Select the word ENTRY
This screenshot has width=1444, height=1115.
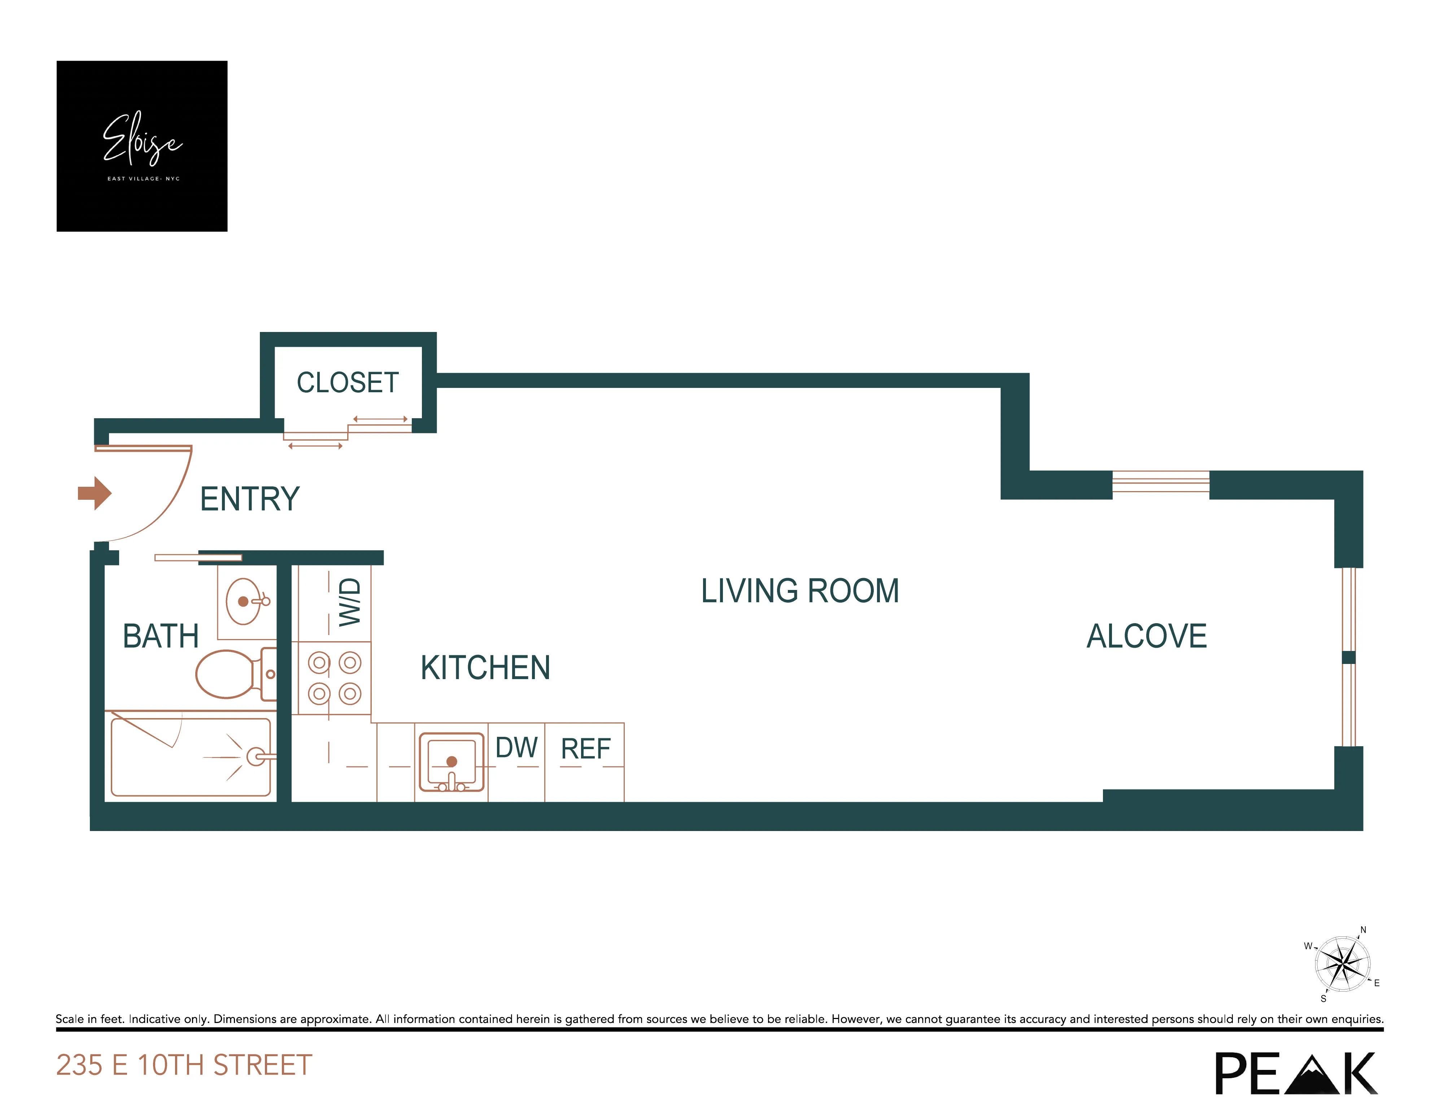point(249,499)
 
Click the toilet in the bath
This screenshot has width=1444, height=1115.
point(228,674)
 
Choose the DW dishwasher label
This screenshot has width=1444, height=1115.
point(516,748)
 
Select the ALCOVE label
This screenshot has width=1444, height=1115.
point(1147,637)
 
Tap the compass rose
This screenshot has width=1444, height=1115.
point(1342,964)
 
